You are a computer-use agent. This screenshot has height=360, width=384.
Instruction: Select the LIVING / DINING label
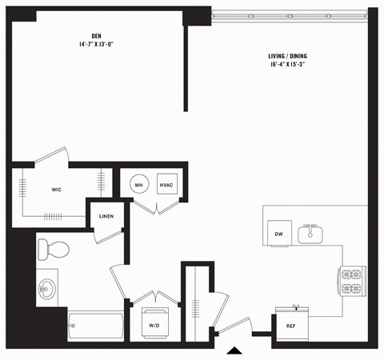(x=287, y=56)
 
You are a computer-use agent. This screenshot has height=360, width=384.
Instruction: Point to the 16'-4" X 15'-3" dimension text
(x=287, y=66)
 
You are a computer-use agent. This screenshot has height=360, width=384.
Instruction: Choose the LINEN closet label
(x=106, y=217)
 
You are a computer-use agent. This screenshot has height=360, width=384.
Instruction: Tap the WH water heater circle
(x=139, y=185)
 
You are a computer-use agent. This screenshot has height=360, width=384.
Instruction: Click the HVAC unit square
(x=166, y=185)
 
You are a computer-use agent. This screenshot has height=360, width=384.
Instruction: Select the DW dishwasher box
(x=279, y=234)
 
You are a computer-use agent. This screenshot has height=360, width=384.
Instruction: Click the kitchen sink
(x=310, y=234)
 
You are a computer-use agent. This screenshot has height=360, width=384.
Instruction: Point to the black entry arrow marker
(x=233, y=350)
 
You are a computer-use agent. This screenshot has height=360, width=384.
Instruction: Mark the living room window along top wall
(x=288, y=14)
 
